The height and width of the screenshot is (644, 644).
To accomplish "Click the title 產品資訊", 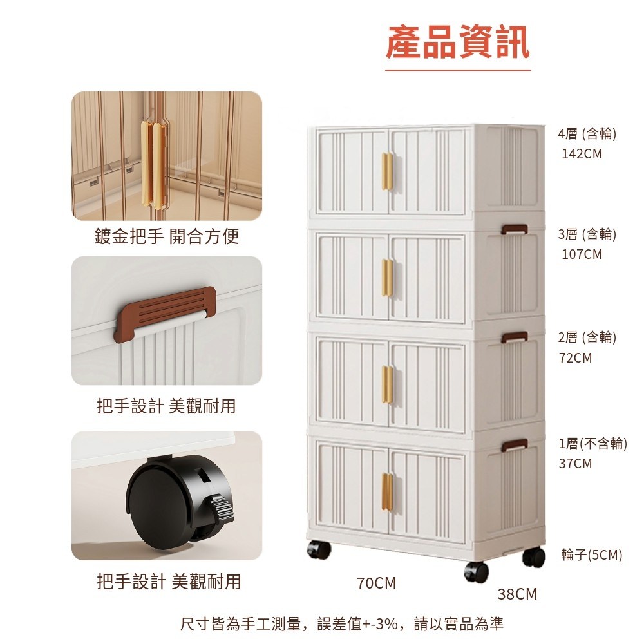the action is pos(457,43).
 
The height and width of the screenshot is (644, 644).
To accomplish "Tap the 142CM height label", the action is pos(582,154).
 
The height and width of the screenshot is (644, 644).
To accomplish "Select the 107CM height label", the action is pos(582,254).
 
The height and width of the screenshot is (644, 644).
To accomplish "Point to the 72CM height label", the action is pos(575,357).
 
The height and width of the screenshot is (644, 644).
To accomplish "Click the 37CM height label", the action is pos(575,463).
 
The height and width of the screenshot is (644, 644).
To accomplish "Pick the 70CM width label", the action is pos(376,583).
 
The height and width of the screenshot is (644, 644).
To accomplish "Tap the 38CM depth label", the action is pos(517,594).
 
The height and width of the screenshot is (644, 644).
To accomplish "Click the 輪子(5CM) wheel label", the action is pos(591,555).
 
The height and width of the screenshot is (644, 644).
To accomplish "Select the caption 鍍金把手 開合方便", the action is pos(166,236).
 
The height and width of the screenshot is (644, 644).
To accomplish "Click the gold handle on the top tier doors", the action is pos(387,171).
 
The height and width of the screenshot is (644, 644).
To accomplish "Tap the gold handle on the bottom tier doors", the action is pos(387,491).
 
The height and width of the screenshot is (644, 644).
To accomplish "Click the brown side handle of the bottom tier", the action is pos(514,444).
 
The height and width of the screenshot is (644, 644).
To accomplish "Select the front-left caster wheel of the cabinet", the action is pos(319,549).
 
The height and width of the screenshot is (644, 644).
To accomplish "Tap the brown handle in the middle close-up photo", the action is pos(165,314).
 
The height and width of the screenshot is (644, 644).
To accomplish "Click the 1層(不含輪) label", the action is pos(592,443).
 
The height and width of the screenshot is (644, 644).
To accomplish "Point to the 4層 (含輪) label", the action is pos(587,133).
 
